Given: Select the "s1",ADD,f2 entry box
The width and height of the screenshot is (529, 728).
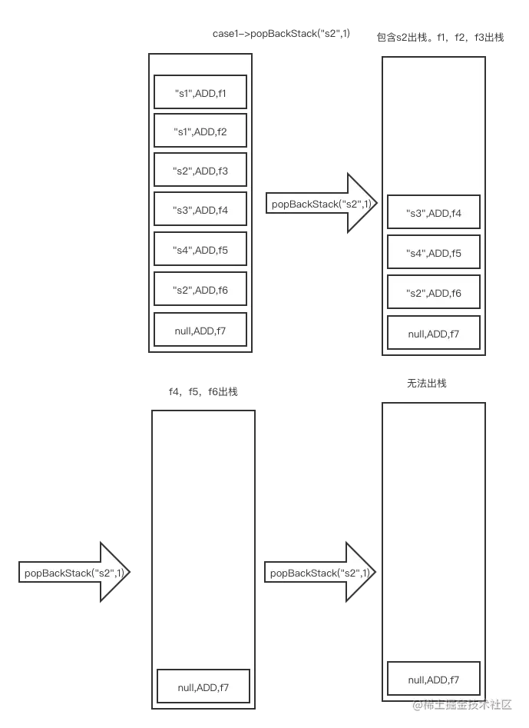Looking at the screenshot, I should (x=200, y=132).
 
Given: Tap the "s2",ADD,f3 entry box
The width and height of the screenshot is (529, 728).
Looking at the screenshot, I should (x=200, y=171).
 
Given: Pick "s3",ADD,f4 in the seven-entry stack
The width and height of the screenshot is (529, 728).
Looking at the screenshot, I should (x=200, y=211).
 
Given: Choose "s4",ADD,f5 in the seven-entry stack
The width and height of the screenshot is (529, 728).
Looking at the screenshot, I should (x=200, y=250).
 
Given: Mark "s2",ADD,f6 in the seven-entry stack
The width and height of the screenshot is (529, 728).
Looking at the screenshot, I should (x=200, y=291).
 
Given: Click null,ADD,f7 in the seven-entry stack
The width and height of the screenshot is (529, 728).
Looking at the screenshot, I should (x=200, y=331).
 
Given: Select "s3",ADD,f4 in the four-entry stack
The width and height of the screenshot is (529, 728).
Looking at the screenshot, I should (x=434, y=212).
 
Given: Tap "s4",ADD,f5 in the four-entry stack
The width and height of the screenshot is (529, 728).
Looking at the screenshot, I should (x=434, y=252).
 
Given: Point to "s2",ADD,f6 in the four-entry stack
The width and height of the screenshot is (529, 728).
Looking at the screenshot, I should (x=434, y=293).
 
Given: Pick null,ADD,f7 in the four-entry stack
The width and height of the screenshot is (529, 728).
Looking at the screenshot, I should (x=434, y=333).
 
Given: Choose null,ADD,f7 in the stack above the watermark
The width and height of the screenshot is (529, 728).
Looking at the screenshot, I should (x=434, y=679).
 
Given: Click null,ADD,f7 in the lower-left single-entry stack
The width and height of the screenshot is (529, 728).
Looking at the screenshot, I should (x=203, y=686).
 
